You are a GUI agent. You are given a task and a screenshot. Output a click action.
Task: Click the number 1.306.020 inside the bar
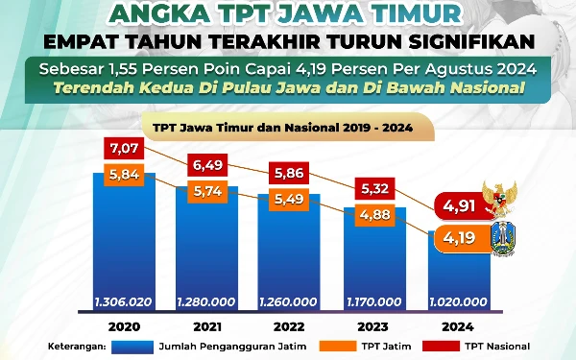tap(125, 301)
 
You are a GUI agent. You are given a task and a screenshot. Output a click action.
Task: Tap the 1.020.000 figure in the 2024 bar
tap(454, 301)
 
